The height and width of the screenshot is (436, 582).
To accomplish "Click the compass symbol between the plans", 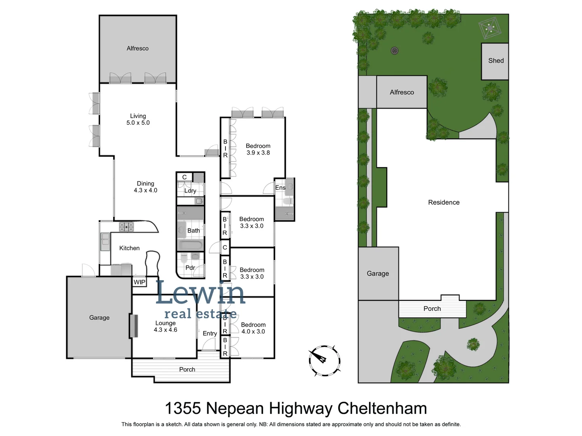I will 324,361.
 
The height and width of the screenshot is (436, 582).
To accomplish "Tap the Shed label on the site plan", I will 496,61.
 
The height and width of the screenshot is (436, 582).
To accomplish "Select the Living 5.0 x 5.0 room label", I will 138,119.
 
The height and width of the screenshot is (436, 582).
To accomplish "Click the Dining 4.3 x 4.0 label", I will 145,187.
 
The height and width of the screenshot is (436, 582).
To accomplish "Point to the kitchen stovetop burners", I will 126,227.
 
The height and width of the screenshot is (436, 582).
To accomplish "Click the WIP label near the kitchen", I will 139,282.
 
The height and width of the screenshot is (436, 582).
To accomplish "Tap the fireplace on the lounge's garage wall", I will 133,325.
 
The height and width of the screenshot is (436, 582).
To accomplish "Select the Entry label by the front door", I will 210,333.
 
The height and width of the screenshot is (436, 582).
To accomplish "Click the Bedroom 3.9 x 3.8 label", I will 258,149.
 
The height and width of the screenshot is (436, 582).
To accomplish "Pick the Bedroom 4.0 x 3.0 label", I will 253,328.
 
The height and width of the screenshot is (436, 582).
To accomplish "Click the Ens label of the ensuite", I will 280,188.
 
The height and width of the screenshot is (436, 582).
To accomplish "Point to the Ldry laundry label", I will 190,191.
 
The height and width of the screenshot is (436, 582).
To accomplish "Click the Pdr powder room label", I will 190,268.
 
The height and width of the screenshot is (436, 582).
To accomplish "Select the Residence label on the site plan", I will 444,202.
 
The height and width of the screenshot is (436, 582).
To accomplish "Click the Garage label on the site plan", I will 377,273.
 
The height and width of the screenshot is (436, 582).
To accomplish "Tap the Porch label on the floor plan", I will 187,369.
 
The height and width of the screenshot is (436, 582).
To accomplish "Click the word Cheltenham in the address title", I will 382,409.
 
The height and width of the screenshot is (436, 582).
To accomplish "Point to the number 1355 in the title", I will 183,409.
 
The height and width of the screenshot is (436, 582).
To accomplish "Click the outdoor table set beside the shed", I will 490,28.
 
